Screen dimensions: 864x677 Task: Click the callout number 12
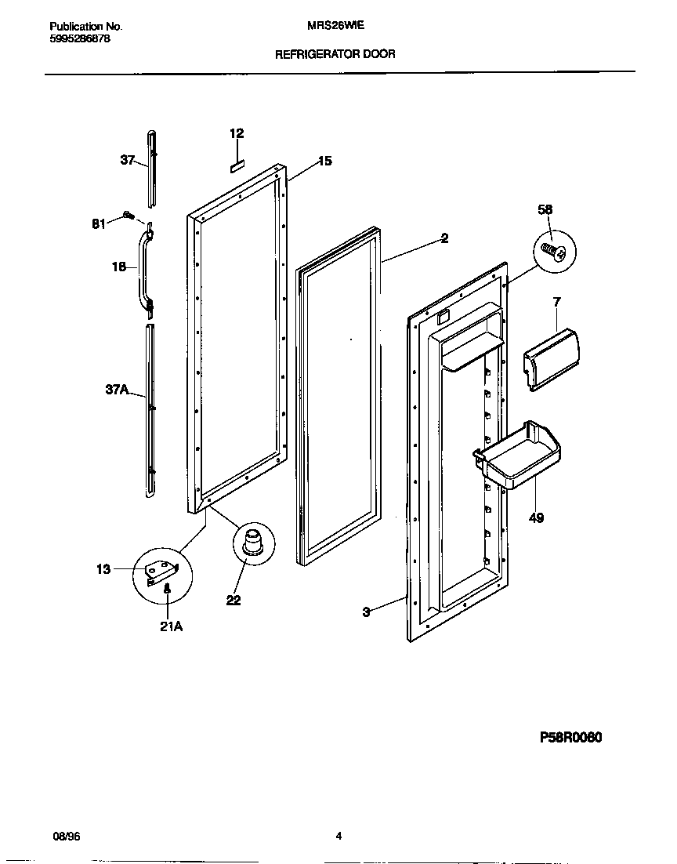tap(237, 133)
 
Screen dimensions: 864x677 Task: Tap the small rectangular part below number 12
tap(237, 165)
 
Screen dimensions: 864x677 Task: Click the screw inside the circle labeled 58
tap(556, 252)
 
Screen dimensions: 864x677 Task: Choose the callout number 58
tap(545, 209)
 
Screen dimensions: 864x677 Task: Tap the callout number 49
tap(536, 517)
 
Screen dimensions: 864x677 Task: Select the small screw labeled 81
tap(128, 215)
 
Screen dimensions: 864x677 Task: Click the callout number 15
tap(324, 162)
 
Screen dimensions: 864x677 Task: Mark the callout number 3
tap(366, 612)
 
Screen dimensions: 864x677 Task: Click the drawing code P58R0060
tap(570, 738)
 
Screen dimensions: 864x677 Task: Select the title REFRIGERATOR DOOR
tap(335, 54)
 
